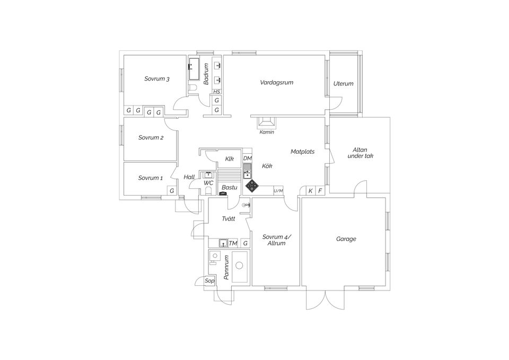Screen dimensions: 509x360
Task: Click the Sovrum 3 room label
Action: click(157, 79)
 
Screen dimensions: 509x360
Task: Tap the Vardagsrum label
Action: click(277, 83)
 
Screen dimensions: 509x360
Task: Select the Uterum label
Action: click(344, 83)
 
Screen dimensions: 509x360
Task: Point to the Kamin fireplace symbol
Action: click(267, 122)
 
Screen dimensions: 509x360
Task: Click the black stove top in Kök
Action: click(252, 186)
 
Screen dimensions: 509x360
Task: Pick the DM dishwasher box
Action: click(248, 158)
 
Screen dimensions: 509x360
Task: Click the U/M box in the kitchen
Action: click(278, 191)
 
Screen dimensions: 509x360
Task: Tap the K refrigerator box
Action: click(311, 191)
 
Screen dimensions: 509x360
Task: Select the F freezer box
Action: click(320, 191)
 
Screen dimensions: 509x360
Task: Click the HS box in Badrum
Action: click(216, 92)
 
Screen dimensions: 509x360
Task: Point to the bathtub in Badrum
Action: click(195, 69)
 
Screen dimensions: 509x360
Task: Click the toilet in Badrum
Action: click(192, 87)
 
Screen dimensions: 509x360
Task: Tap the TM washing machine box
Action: click(233, 243)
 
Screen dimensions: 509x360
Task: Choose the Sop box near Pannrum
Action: click(209, 281)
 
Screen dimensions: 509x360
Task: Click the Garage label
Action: click(346, 239)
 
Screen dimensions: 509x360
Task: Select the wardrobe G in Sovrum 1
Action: click(172, 191)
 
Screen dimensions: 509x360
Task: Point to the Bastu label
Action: click(230, 188)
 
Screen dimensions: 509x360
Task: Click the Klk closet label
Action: click(230, 159)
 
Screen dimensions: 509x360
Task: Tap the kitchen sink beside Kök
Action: click(248, 171)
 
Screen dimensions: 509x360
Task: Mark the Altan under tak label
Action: click(361, 153)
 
